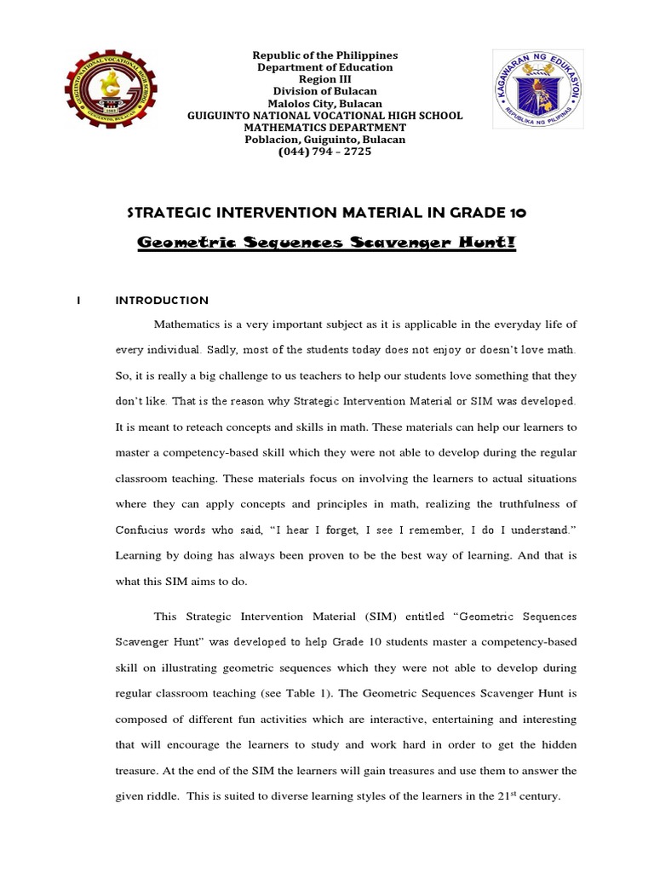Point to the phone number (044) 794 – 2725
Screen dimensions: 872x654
point(325,152)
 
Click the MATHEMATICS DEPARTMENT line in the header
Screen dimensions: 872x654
point(325,128)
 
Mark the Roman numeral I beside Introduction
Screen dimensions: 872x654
point(77,301)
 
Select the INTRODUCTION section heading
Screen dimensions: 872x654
point(162,301)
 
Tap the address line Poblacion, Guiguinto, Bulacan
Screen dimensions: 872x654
point(325,140)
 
